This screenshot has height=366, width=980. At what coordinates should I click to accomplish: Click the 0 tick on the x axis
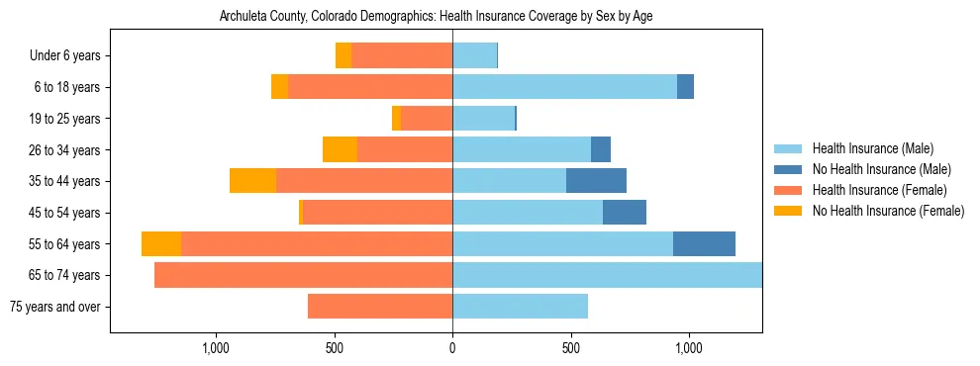452,348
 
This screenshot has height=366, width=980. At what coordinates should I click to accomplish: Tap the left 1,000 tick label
216,348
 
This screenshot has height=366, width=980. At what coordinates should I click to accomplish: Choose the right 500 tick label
570,348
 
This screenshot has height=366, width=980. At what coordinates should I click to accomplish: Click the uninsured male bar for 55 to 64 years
704,243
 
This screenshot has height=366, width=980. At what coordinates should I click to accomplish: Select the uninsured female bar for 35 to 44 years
252,181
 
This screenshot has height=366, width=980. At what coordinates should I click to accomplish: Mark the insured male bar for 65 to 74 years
607,275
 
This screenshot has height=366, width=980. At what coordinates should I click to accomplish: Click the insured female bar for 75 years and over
380,307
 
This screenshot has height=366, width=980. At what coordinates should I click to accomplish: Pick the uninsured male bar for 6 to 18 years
685,87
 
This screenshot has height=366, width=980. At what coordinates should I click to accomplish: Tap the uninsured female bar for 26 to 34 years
340,149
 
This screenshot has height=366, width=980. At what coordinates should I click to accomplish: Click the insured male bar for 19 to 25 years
483,119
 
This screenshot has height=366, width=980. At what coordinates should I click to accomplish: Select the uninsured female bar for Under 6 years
343,56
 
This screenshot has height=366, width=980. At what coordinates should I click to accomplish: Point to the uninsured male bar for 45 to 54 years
625,213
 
